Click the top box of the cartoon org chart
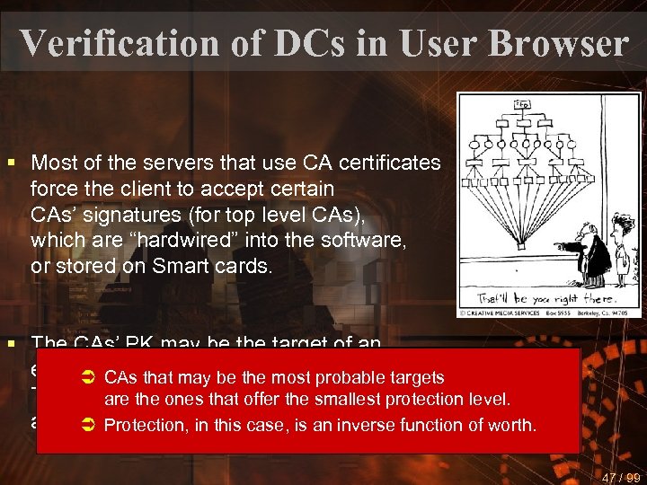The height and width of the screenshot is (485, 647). (x=520, y=103)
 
